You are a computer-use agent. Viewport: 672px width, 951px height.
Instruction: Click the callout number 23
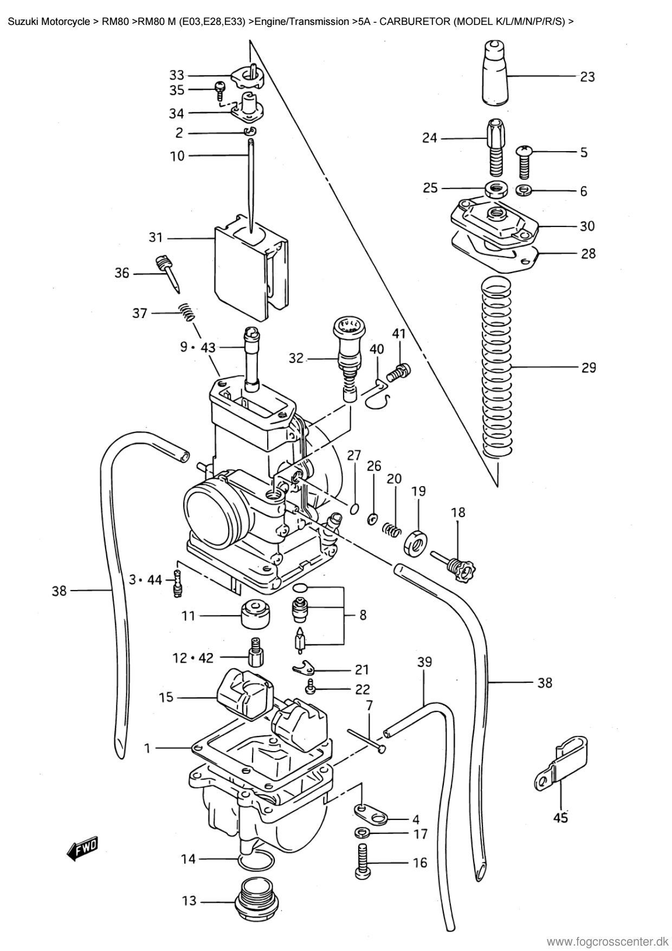pos(587,77)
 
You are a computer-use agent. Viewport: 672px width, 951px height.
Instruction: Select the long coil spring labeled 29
pos(496,367)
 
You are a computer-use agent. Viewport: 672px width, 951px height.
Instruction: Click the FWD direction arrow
pos(82,850)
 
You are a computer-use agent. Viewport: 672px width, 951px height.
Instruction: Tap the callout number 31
pos(156,237)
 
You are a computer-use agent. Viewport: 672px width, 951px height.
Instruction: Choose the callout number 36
pos(122,273)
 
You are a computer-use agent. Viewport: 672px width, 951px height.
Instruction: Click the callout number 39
pos(424,662)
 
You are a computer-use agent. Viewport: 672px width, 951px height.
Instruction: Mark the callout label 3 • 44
pos(145,580)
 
